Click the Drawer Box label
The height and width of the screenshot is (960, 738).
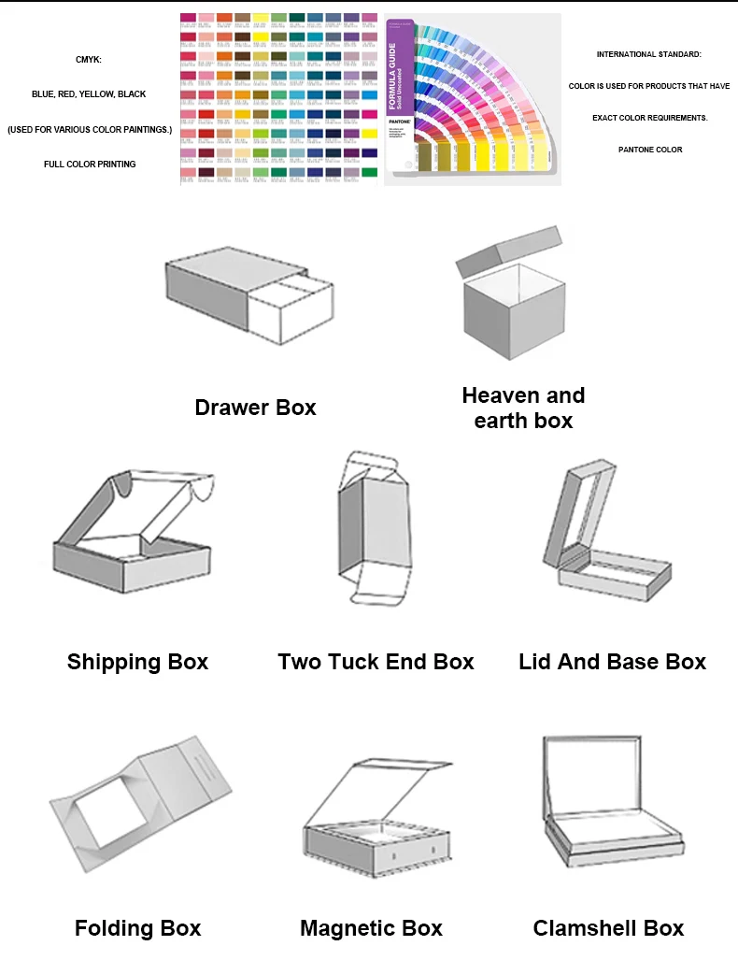click(255, 408)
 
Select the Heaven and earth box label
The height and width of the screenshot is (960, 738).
click(523, 408)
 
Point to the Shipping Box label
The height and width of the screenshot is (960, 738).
click(137, 663)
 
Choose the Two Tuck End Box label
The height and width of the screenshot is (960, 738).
click(376, 663)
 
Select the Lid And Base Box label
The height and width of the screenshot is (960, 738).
click(612, 663)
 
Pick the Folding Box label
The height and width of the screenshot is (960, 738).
click(137, 928)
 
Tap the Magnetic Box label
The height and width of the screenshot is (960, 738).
click(371, 928)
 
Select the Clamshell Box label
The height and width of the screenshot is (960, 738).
click(608, 928)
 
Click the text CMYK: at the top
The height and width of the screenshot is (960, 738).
click(89, 60)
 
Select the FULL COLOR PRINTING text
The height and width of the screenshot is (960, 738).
click(90, 165)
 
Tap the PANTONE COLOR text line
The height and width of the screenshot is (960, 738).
click(650, 150)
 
